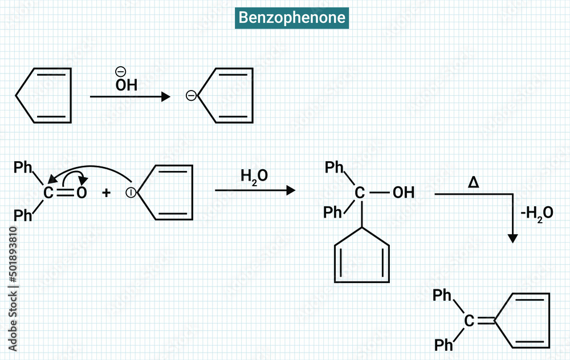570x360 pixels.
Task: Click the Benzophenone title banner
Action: pos(292,18)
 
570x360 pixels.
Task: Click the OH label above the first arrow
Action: pos(126,85)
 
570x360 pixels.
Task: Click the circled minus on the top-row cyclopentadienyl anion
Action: pos(192,96)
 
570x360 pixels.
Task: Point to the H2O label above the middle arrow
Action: pos(254,177)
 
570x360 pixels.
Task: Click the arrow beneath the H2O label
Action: pos(255,190)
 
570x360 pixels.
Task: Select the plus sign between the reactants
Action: pos(107,193)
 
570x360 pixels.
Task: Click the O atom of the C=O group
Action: pos(82,193)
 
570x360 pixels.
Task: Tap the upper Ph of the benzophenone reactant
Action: pos(23,167)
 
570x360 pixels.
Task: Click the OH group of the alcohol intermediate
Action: pos(404,193)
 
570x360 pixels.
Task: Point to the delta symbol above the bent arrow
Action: pos(473,182)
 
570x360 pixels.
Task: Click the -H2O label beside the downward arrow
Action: pos(537,213)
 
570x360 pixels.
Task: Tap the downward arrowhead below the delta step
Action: pos(513,239)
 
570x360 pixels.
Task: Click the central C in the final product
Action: pos(469,321)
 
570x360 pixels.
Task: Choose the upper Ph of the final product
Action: pos(442,295)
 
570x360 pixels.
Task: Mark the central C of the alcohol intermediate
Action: pos(360,193)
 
